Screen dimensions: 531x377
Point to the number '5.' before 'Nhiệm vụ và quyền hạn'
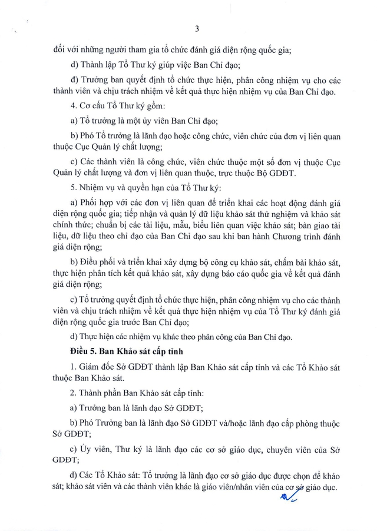coord(73,188)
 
